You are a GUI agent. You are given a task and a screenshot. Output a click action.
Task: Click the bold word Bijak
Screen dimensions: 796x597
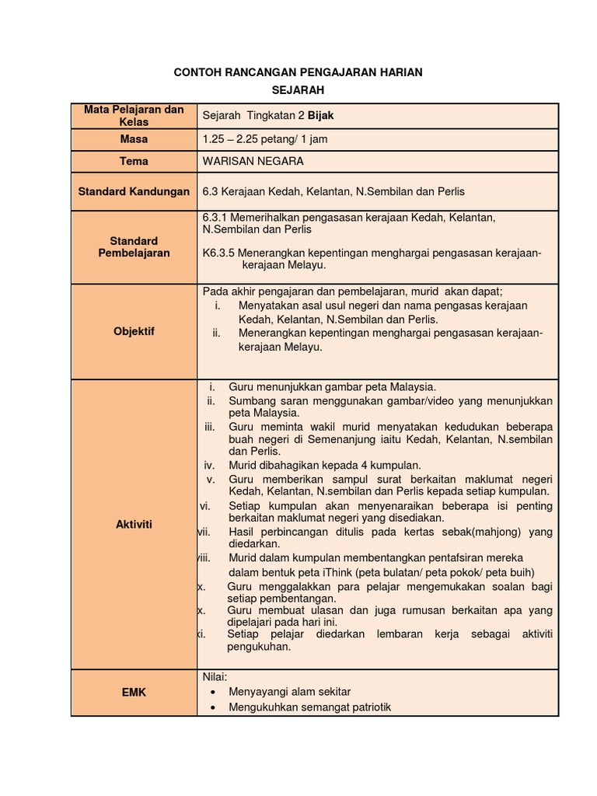[x=321, y=116]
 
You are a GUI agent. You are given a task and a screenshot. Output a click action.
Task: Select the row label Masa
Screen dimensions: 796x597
[x=134, y=139]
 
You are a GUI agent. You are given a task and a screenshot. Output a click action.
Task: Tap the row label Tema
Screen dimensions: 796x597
[x=134, y=162]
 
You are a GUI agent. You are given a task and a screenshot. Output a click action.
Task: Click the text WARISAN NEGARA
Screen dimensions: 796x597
[x=253, y=162]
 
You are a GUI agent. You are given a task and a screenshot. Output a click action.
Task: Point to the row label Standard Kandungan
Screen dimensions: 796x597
[x=134, y=191]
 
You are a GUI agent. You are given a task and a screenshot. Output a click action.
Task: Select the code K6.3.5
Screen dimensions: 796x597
[x=218, y=253]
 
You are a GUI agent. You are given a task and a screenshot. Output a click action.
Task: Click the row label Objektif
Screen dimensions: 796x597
[x=134, y=331]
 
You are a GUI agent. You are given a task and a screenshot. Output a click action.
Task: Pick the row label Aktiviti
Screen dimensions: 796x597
[x=134, y=525]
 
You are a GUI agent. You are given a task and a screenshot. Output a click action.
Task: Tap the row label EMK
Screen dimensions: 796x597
[x=134, y=692]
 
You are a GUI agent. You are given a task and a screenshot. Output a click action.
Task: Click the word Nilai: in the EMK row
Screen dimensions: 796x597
[x=214, y=676]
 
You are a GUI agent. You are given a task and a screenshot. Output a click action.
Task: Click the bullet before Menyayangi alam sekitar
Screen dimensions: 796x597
[x=213, y=692]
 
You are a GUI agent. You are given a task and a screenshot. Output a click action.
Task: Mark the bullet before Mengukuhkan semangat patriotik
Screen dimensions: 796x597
[x=213, y=707]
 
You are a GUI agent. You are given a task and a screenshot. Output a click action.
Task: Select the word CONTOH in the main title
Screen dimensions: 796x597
[x=197, y=72]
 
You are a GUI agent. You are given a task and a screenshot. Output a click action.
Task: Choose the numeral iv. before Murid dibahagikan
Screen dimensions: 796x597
[x=209, y=465]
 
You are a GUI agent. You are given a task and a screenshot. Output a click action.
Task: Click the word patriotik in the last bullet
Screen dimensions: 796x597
[x=368, y=707]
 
